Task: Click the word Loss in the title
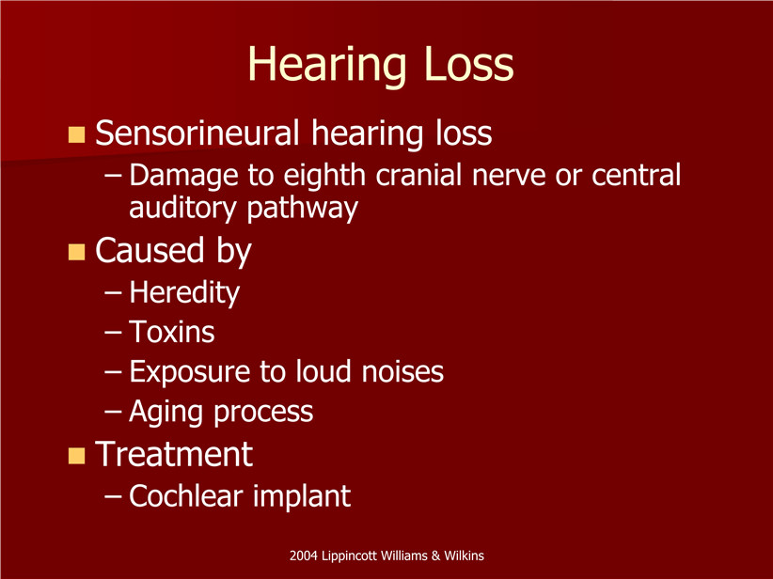469,64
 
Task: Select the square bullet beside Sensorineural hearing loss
76,134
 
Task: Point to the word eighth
323,176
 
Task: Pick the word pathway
302,209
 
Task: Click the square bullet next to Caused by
76,252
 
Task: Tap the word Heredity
184,293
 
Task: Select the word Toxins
172,332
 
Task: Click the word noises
402,372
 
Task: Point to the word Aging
166,413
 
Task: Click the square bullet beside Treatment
76,456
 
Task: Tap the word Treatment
174,454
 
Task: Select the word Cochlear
186,495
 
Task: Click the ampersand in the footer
435,556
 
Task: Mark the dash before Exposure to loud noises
113,373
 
